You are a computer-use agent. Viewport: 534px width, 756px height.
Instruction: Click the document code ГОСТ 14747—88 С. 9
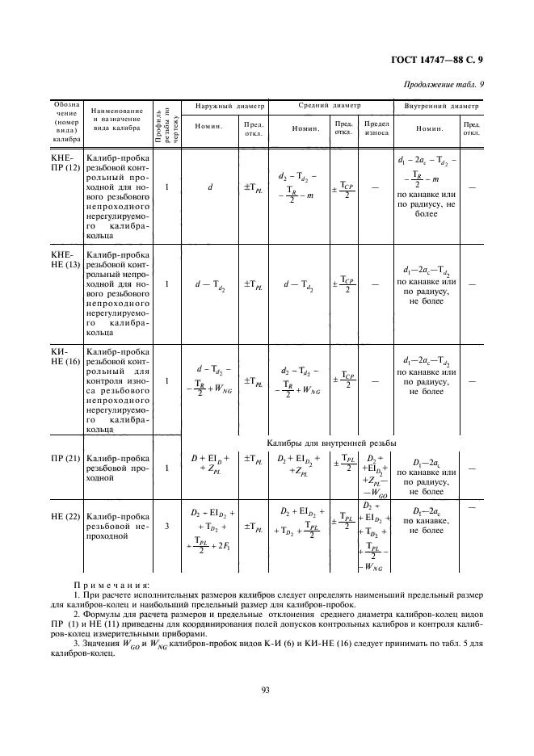441,59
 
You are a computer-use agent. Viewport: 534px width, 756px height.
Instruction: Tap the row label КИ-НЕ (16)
62,356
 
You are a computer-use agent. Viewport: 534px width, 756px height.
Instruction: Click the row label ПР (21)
65,459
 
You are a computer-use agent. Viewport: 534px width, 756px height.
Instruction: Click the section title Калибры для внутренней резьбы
331,443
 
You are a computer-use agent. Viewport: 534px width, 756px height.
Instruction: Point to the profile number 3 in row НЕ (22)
166,526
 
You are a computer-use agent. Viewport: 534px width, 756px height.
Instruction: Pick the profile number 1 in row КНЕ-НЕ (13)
166,284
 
